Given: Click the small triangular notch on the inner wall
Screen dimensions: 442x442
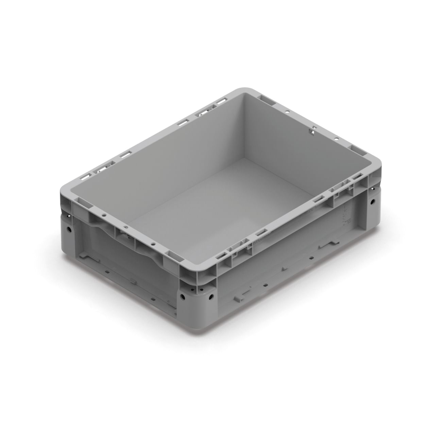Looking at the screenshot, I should click(311, 130).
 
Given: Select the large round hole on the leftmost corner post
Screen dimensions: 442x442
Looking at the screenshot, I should click(69, 230).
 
